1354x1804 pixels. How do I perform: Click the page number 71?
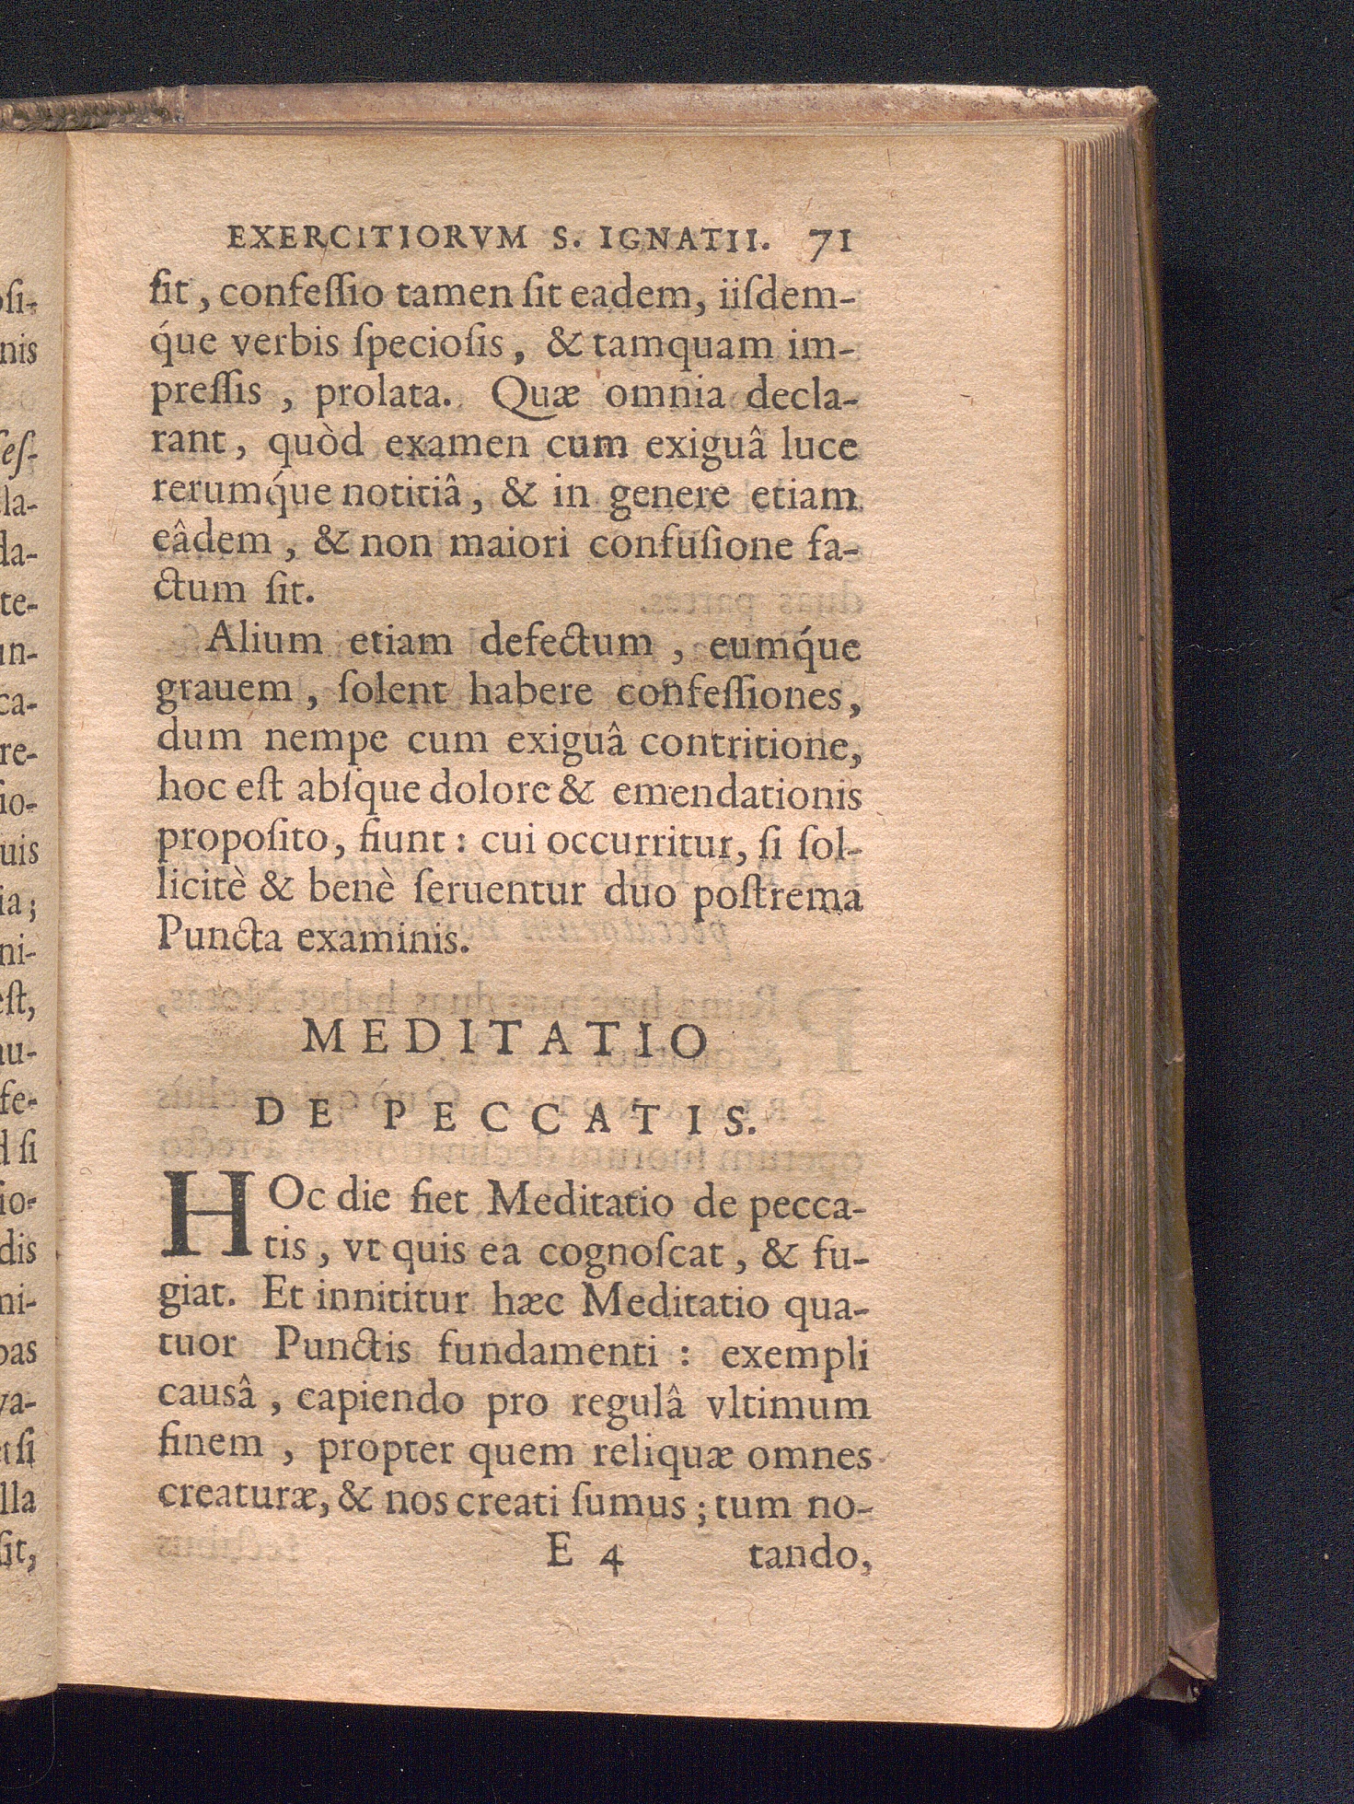point(830,242)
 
